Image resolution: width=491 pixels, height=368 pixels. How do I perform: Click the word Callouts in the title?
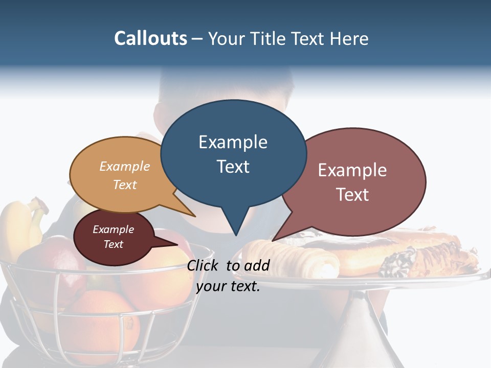point(150,38)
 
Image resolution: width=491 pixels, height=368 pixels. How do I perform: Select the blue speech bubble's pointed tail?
point(235,225)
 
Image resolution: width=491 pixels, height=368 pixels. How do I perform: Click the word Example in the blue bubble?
point(233,142)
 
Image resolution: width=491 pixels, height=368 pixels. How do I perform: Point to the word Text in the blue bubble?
point(233,167)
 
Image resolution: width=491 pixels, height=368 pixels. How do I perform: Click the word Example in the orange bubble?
point(125,166)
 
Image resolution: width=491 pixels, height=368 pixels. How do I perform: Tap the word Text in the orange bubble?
point(125,185)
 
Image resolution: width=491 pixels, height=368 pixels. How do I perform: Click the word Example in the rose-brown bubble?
point(352,170)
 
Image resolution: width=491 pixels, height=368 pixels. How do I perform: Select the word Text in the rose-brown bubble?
point(352,194)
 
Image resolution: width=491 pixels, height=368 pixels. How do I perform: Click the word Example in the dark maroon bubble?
point(113,229)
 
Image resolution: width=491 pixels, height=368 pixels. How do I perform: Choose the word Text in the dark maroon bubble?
point(113,244)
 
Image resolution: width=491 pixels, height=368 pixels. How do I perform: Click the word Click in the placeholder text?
point(203,265)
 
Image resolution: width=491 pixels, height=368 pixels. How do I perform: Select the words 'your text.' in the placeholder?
point(228,286)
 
